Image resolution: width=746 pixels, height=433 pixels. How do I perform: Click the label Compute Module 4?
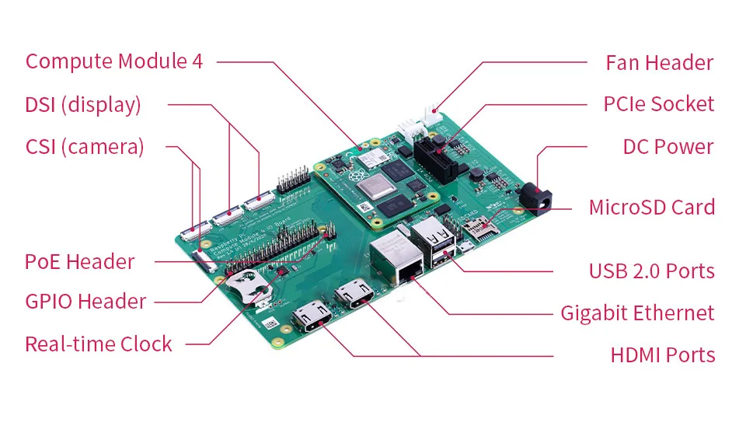[114, 61]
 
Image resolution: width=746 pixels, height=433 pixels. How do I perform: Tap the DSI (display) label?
[83, 105]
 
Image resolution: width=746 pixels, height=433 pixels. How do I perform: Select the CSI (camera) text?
[85, 147]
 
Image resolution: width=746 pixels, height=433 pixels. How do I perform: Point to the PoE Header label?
[79, 262]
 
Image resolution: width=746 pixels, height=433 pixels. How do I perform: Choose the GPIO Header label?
[85, 302]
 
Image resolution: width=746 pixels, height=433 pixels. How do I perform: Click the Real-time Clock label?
[99, 344]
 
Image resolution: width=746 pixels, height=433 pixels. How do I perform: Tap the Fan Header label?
[660, 63]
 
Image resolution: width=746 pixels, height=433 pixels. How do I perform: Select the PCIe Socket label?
[658, 104]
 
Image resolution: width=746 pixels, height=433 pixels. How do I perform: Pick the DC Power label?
[668, 147]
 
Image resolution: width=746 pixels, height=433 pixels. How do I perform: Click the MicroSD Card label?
[652, 208]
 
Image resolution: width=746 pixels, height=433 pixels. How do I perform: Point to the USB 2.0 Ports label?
[652, 271]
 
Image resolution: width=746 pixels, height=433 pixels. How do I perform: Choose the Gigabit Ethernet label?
[637, 313]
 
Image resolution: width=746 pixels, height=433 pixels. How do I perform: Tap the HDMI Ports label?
[663, 355]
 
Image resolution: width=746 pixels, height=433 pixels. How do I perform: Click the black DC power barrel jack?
[536, 198]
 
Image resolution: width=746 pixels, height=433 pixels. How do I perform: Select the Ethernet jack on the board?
[396, 260]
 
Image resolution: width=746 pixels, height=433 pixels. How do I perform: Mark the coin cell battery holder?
[247, 285]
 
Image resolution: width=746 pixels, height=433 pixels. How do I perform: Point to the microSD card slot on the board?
[479, 228]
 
